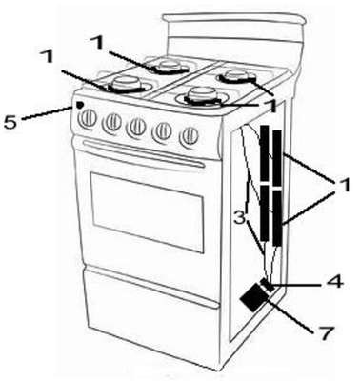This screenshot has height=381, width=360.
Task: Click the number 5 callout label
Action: (x=10, y=122)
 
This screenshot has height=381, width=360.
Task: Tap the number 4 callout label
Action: (x=335, y=281)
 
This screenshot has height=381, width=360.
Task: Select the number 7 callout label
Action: (x=326, y=333)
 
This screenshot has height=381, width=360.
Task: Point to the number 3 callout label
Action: (x=240, y=218)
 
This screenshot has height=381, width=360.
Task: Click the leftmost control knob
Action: (x=88, y=119)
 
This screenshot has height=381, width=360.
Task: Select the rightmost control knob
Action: (x=189, y=136)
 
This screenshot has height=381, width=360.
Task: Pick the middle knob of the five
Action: (x=136, y=127)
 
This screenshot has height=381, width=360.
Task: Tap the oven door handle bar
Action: (x=144, y=153)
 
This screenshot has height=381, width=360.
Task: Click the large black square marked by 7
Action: (x=253, y=297)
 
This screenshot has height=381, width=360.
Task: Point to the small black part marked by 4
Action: (x=268, y=285)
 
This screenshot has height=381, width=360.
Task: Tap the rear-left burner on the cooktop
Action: (x=170, y=67)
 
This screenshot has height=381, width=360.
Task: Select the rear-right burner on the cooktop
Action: (x=236, y=76)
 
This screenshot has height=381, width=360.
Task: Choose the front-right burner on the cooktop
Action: (x=204, y=96)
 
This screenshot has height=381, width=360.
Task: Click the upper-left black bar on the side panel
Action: (x=265, y=153)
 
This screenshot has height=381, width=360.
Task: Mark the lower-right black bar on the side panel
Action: (x=277, y=218)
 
